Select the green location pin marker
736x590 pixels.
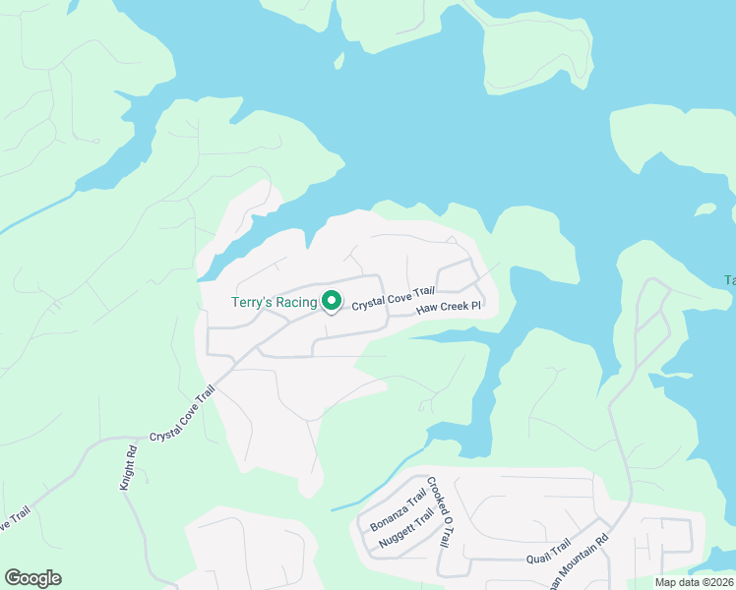(332, 301)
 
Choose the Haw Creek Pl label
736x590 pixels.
(448, 308)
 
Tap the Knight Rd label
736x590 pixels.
(129, 467)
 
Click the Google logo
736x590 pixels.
(32, 578)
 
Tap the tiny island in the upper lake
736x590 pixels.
(338, 61)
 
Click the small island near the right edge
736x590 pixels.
(705, 209)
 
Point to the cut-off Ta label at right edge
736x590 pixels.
(730, 280)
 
